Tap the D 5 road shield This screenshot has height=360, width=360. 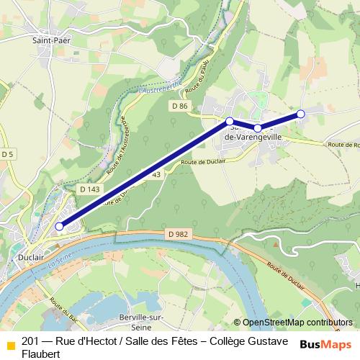tap(8, 154)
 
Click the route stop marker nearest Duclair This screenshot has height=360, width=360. tap(59, 226)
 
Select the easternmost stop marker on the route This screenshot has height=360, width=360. tap(301, 114)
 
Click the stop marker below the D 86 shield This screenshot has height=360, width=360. tap(229, 121)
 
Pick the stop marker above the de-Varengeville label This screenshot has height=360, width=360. tap(258, 128)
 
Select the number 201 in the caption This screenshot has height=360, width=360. tap(31, 341)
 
